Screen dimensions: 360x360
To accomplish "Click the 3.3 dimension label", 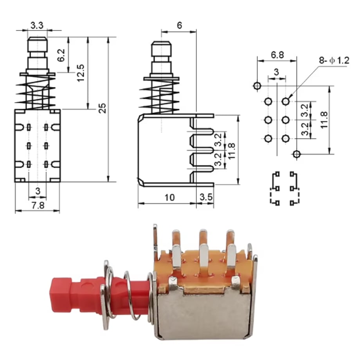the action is click(x=37, y=25).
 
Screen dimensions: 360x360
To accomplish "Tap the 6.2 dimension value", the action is click(x=61, y=55).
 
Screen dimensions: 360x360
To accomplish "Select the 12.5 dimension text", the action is click(x=81, y=73).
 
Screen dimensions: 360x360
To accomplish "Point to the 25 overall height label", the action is click(x=102, y=108).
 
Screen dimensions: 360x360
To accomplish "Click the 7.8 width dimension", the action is click(x=38, y=205).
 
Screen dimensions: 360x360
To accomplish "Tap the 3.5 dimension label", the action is click(x=206, y=197).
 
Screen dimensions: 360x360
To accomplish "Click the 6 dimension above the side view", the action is click(x=180, y=25).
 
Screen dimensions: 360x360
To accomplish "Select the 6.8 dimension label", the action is click(x=277, y=55).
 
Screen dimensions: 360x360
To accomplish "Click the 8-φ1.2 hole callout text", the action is click(x=334, y=60).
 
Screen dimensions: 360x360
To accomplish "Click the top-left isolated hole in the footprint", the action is click(x=257, y=86).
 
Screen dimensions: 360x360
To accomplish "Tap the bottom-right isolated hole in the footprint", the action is click(x=296, y=154).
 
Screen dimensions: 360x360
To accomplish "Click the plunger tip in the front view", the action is click(x=38, y=38).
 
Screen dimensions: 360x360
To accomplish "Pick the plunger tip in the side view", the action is click(x=161, y=43).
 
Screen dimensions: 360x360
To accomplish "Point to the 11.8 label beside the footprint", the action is click(x=324, y=120).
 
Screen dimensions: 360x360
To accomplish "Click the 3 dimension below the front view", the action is click(x=38, y=191).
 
